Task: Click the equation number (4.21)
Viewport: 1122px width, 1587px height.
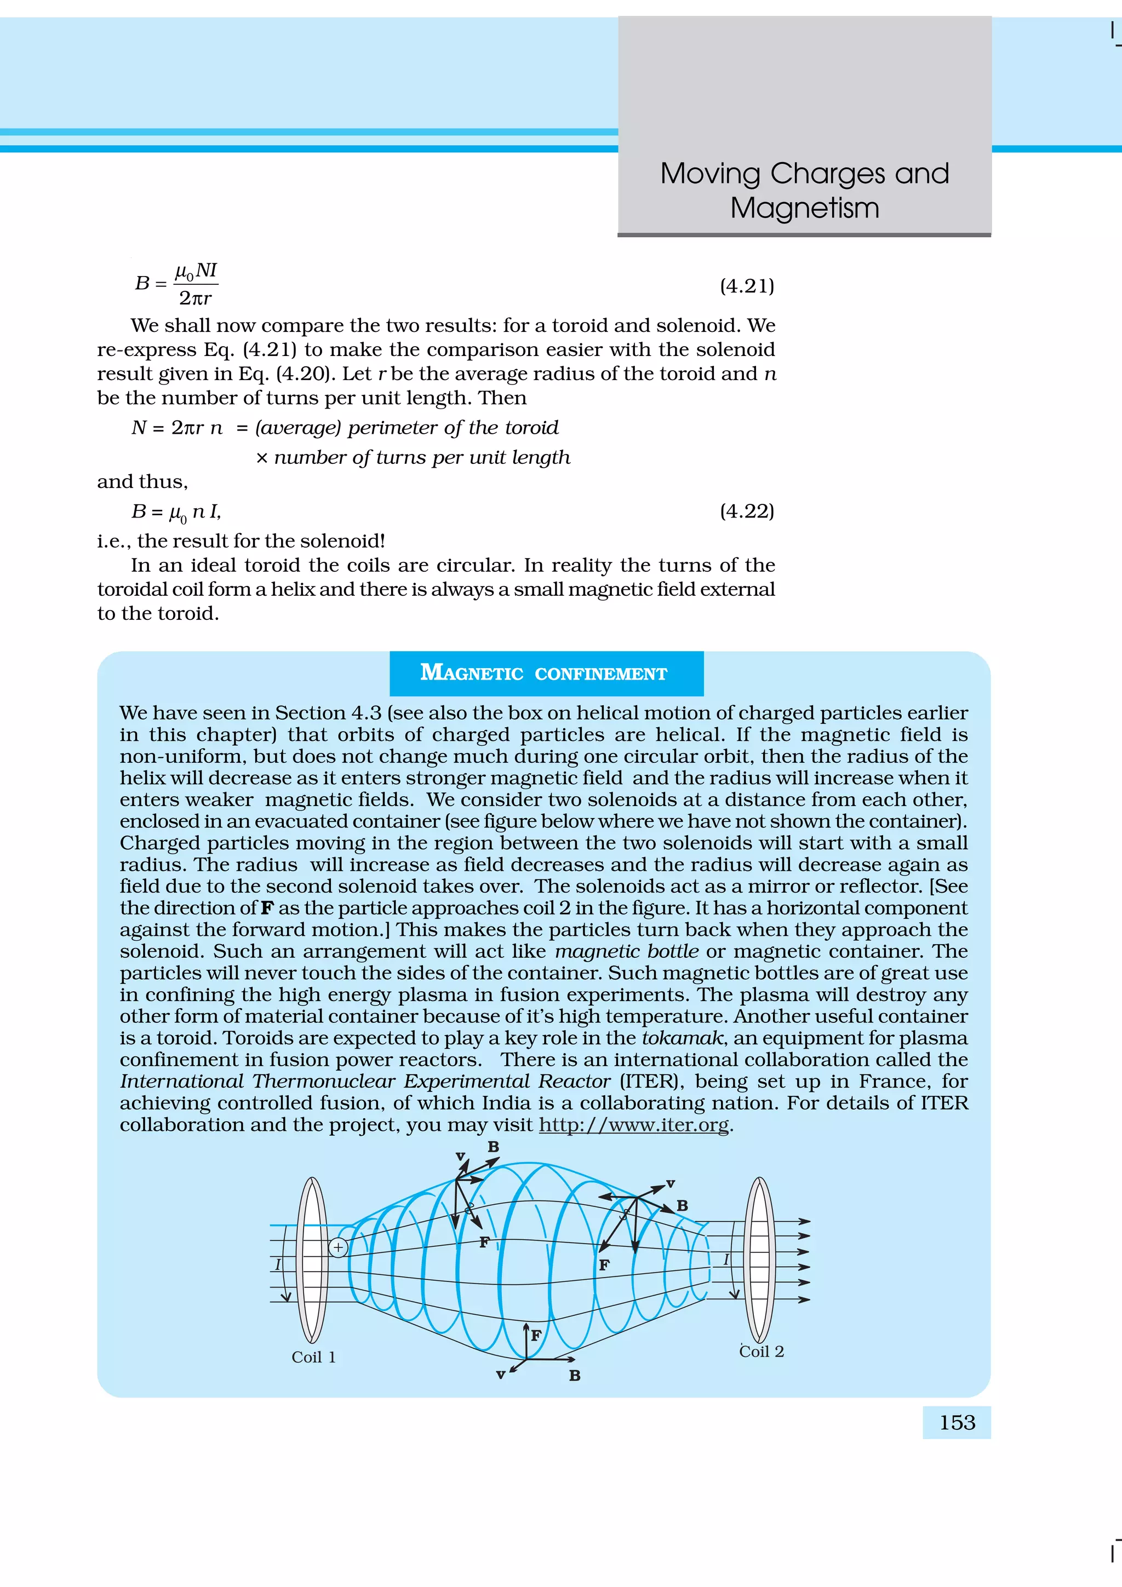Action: [x=747, y=286]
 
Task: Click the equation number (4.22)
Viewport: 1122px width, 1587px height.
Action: [x=747, y=511]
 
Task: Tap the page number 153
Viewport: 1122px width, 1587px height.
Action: [x=957, y=1423]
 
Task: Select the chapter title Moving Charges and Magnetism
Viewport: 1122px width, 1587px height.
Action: [x=805, y=190]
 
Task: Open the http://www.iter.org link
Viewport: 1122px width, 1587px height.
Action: [x=633, y=1125]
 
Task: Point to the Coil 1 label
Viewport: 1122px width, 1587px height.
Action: [x=313, y=1358]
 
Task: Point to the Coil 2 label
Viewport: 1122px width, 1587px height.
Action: [x=761, y=1352]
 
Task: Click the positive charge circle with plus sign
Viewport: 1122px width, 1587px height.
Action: [x=338, y=1247]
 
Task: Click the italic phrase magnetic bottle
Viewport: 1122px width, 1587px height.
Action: [x=626, y=952]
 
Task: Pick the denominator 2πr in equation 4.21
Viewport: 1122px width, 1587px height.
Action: [x=195, y=298]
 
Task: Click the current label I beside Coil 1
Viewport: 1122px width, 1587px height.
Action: [x=278, y=1264]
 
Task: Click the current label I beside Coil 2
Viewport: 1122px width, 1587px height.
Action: [x=726, y=1260]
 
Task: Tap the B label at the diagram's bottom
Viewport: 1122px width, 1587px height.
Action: [x=575, y=1376]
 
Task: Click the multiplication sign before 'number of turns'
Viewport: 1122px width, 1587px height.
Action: [x=261, y=458]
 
